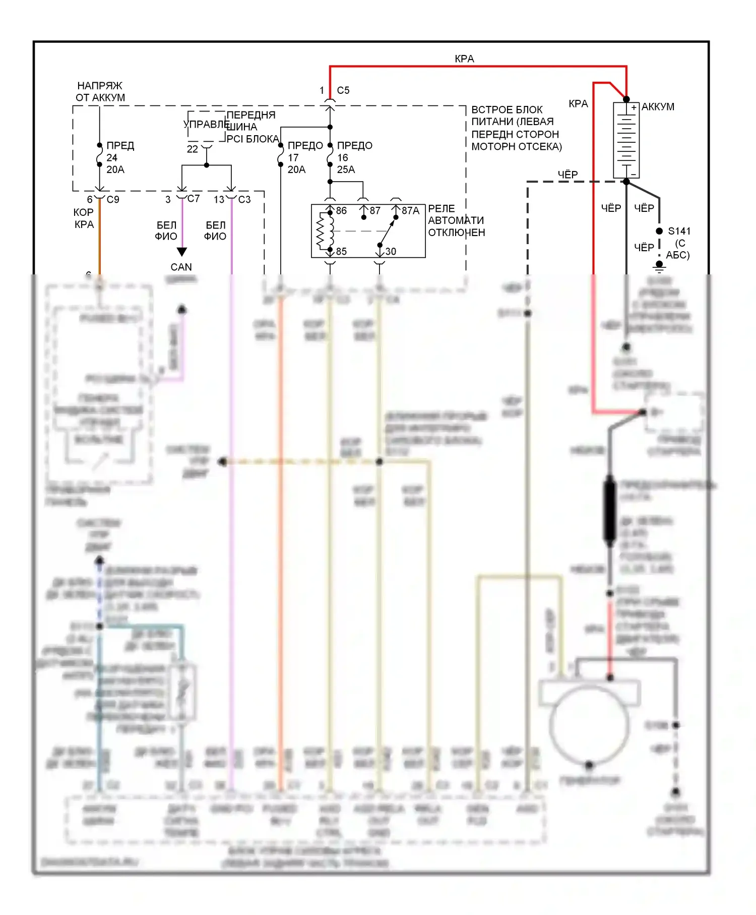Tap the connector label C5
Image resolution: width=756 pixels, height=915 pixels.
pyautogui.click(x=343, y=90)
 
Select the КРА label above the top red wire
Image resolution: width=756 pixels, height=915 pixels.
pyautogui.click(x=464, y=59)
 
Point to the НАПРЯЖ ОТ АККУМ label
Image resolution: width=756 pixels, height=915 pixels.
pyautogui.click(x=100, y=91)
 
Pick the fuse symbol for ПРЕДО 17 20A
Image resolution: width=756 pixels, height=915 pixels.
pyautogui.click(x=281, y=155)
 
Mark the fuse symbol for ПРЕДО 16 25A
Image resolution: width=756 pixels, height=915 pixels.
pyautogui.click(x=330, y=154)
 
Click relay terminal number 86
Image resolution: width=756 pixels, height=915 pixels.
pyautogui.click(x=341, y=210)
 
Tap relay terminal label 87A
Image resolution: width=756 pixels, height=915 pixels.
pyautogui.click(x=410, y=210)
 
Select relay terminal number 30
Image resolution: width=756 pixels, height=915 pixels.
pyautogui.click(x=391, y=251)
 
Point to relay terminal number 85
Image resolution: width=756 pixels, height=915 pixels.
pyautogui.click(x=341, y=251)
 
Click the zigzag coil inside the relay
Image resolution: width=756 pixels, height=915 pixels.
pyautogui.click(x=320, y=231)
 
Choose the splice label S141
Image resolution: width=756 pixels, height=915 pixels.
pyautogui.click(x=679, y=231)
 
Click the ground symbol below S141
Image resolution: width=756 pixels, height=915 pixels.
pyautogui.click(x=659, y=266)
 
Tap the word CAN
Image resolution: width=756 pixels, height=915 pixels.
pyautogui.click(x=181, y=267)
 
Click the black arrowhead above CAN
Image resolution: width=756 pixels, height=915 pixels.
pyautogui.click(x=182, y=252)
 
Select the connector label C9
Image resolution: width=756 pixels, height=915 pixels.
pyautogui.click(x=113, y=199)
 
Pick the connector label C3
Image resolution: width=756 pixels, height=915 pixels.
pyautogui.click(x=244, y=199)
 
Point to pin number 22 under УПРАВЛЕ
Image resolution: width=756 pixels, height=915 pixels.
pyautogui.click(x=193, y=149)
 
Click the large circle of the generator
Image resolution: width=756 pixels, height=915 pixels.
pyautogui.click(x=589, y=725)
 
